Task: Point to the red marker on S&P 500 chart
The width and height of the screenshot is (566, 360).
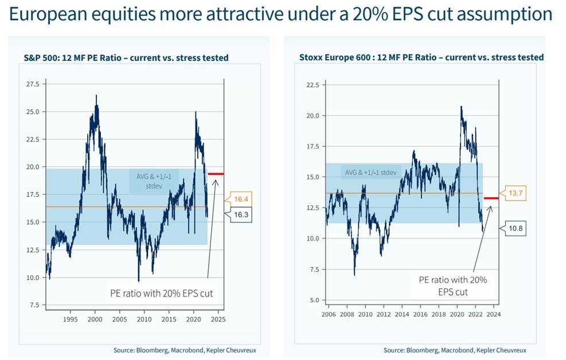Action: (216, 174)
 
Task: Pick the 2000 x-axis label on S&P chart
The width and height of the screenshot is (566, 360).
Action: (95, 319)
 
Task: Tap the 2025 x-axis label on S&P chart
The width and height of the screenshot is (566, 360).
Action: (218, 319)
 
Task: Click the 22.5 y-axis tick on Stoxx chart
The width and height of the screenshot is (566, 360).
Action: (312, 84)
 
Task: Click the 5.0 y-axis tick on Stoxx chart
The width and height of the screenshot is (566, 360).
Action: (314, 300)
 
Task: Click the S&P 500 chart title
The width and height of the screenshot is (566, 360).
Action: (126, 58)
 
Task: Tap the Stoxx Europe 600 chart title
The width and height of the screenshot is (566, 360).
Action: (421, 57)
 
